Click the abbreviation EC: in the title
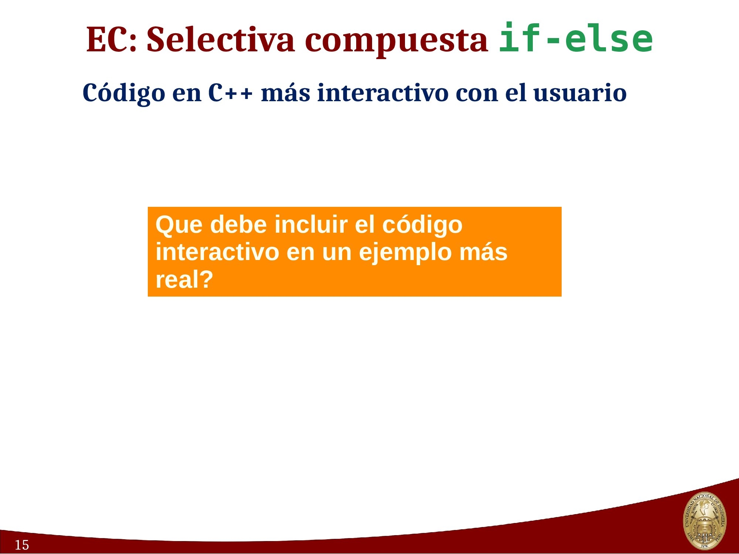(111, 39)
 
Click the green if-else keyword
(576, 38)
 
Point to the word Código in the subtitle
(124, 93)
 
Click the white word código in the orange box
(422, 225)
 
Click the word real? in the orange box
(184, 279)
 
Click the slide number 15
(22, 545)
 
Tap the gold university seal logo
(704, 521)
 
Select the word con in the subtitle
(477, 93)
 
